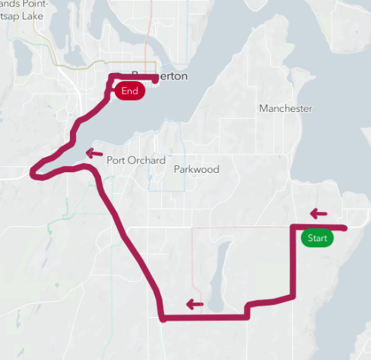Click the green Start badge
coord(317,238)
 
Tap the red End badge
coord(129,91)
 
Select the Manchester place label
coord(285,109)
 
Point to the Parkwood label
coord(196,170)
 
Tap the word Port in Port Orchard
coord(116,159)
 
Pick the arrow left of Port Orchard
coord(94,153)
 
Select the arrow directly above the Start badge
coord(320,213)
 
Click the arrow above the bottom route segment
coord(195,304)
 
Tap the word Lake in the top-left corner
coord(35,14)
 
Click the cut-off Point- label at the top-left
coord(34,4)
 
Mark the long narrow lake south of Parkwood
coord(218,274)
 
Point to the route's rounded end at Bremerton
coord(155,77)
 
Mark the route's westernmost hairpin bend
coord(33,174)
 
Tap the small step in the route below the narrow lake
coord(247,309)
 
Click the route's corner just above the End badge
coord(111,77)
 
